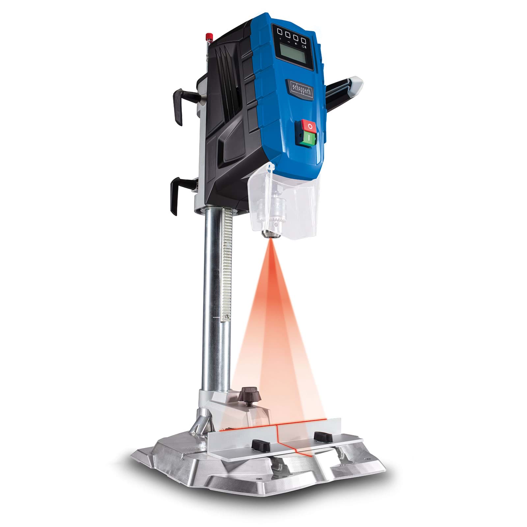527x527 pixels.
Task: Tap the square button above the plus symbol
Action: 280,32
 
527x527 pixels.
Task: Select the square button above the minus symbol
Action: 288,33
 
